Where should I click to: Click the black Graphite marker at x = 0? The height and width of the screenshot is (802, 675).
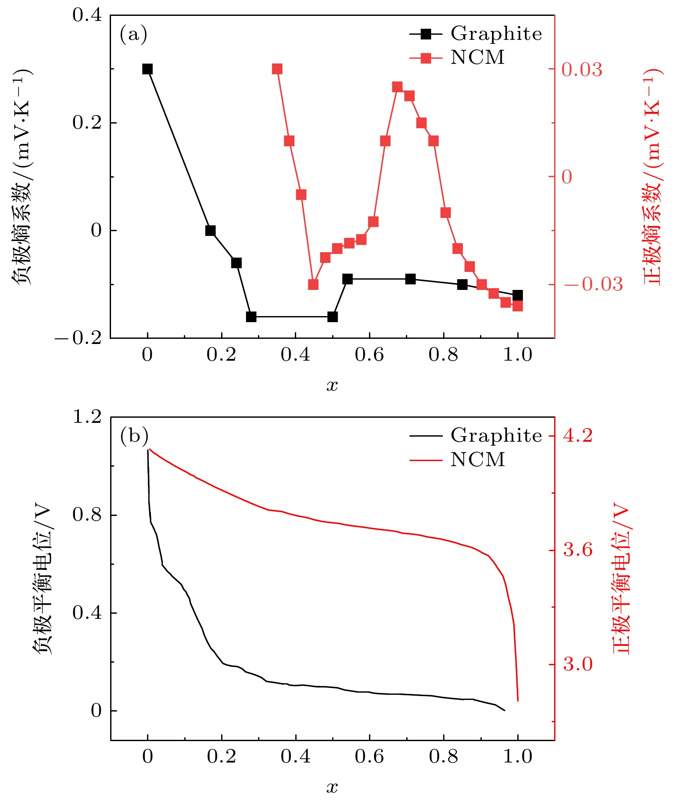tap(147, 69)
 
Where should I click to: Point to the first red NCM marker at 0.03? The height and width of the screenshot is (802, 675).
tap(277, 69)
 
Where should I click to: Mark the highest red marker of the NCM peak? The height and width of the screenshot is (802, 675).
tap(397, 87)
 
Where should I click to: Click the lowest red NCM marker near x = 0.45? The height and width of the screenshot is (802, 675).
tap(313, 284)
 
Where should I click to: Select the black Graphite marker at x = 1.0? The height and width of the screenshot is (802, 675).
tap(518, 295)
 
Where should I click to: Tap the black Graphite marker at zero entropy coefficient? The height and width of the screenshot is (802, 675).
tap(210, 231)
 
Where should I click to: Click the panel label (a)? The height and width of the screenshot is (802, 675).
tap(133, 34)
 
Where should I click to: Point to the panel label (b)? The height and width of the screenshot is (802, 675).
tap(134, 436)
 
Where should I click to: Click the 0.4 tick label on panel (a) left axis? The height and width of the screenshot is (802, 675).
tap(87, 15)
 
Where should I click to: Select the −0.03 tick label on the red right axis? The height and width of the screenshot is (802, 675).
tap(593, 284)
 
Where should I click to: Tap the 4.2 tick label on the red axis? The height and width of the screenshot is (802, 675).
tap(577, 436)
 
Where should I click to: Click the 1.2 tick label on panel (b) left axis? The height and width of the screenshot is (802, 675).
tap(87, 416)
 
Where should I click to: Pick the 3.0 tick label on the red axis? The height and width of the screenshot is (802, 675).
tap(577, 664)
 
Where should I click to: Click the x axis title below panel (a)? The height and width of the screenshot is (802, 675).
tap(332, 386)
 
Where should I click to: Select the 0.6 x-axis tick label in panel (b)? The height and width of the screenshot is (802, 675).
tap(369, 757)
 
